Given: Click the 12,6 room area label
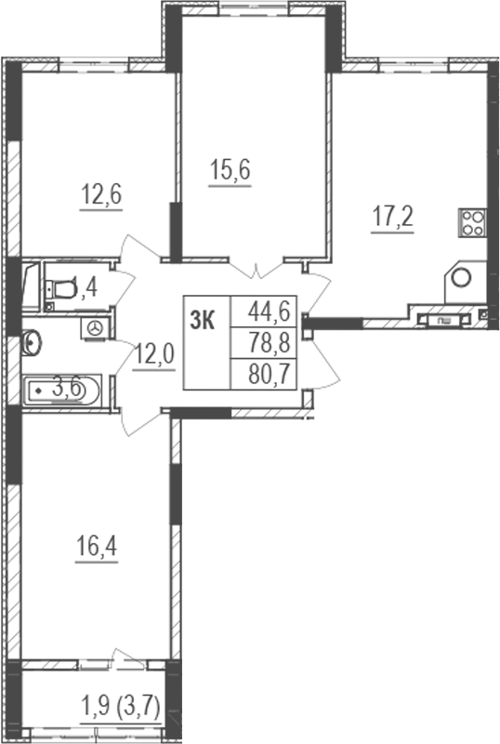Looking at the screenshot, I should tap(102, 196).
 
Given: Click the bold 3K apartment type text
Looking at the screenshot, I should tap(202, 321).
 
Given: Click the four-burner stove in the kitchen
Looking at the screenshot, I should tap(472, 221).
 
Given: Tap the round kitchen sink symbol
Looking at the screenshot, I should tap(461, 277).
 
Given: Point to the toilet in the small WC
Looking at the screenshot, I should tap(59, 289).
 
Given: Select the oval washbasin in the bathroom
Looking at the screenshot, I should tap(32, 344).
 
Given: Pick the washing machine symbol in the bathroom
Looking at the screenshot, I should tap(96, 326).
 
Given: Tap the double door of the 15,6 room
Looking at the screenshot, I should tap(257, 268).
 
